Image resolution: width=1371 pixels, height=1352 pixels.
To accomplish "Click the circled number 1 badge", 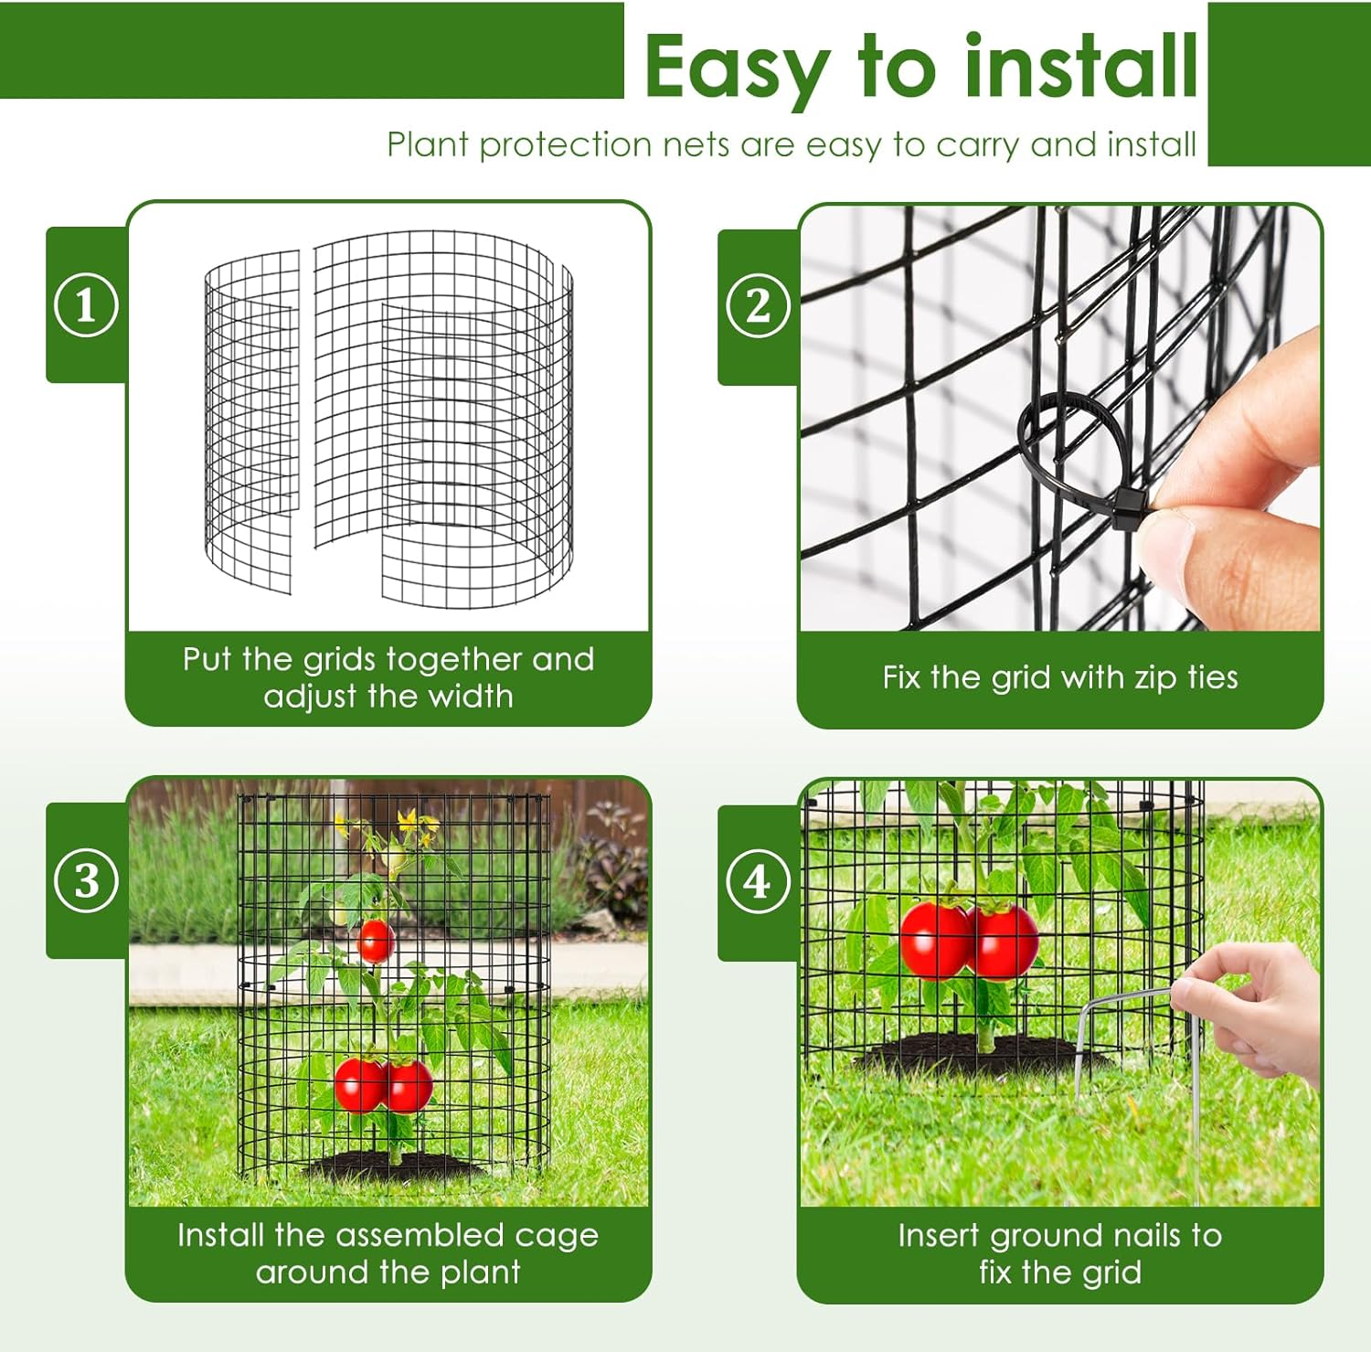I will pyautogui.click(x=86, y=305).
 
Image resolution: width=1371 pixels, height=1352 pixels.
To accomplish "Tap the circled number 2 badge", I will pyautogui.click(x=758, y=305).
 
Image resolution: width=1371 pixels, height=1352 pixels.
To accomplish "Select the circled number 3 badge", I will pyautogui.click(x=86, y=881).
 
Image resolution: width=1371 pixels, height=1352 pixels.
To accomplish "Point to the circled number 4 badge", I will pyautogui.click(x=758, y=882).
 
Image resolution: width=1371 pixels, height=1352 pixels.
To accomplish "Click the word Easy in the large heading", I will pyautogui.click(x=737, y=69).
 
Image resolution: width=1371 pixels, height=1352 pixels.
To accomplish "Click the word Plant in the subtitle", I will pyautogui.click(x=427, y=145).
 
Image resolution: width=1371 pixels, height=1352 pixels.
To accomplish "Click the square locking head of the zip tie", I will pyautogui.click(x=1131, y=504).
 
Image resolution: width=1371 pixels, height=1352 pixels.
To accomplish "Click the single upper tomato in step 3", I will pyautogui.click(x=375, y=941).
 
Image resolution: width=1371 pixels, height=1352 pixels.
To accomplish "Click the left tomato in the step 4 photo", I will pyautogui.click(x=935, y=939).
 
